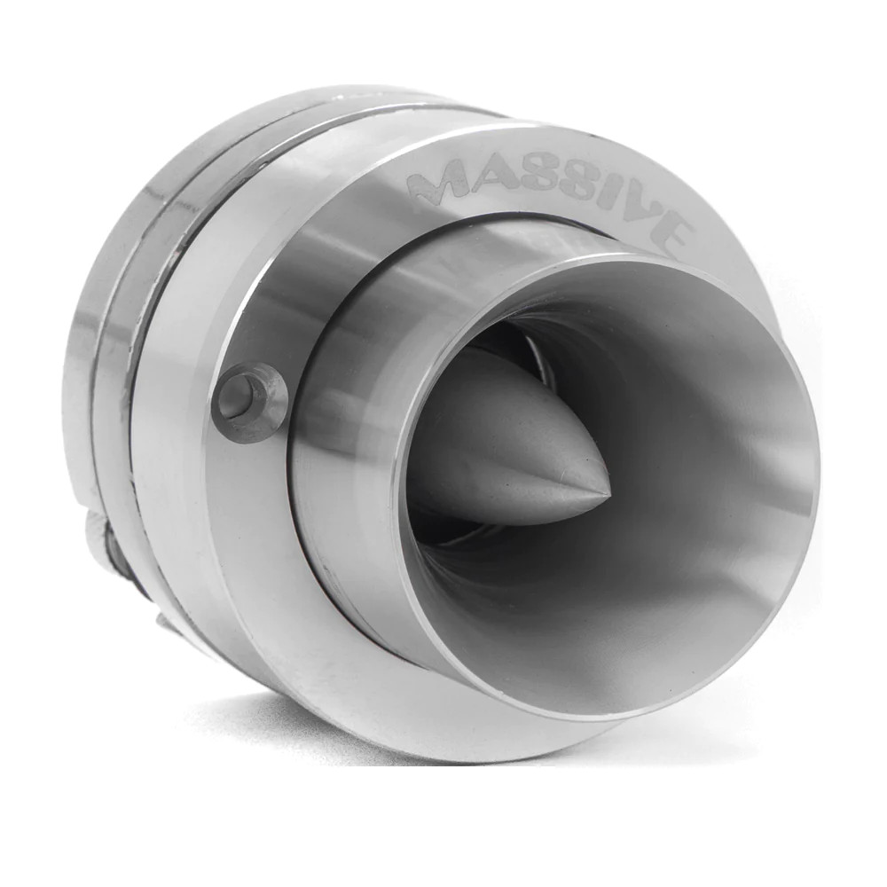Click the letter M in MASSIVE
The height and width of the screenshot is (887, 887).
click(x=435, y=184)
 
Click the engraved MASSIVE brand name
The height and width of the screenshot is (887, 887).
click(x=550, y=195)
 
